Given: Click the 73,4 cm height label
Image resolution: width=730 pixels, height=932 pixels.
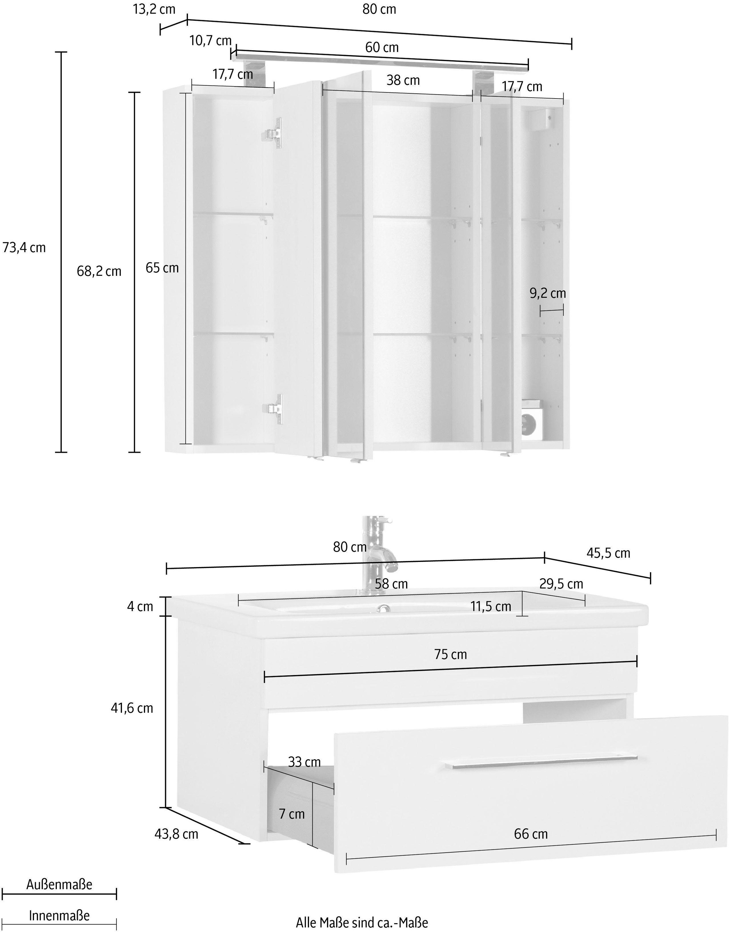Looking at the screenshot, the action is click(24, 248).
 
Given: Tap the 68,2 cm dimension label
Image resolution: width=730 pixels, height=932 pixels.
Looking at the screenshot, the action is click(99, 271).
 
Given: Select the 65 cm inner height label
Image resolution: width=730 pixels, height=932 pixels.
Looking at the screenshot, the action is click(162, 268).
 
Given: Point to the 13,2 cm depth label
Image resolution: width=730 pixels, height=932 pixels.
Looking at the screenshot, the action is click(154, 9).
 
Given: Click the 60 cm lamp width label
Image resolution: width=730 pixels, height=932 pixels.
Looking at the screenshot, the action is click(382, 47).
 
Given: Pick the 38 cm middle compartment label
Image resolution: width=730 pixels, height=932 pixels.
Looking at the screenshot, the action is click(403, 80).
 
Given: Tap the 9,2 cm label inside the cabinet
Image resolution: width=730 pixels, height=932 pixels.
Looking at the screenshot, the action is click(547, 293).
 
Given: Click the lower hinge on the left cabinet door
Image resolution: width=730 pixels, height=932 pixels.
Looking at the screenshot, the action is click(273, 409).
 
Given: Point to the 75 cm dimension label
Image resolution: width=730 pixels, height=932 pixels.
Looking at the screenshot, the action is click(450, 654).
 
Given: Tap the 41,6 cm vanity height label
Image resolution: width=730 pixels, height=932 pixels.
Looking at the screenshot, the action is click(132, 708).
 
